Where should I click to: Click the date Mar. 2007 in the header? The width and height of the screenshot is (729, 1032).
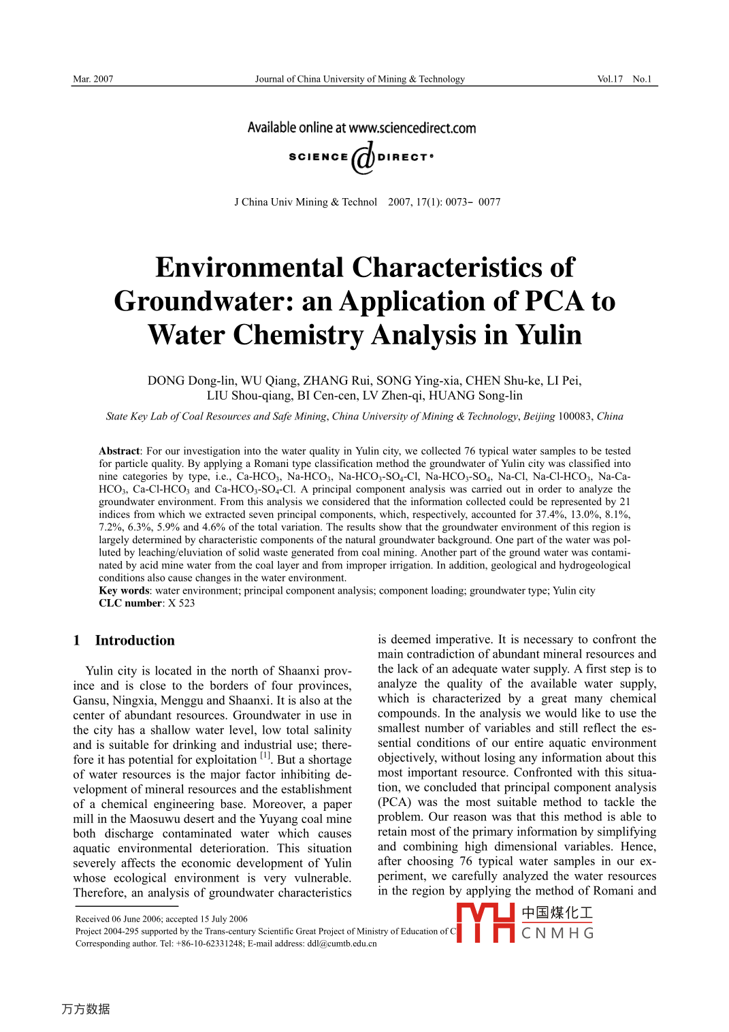pyautogui.click(x=93, y=79)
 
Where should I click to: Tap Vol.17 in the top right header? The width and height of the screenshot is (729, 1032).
pyautogui.click(x=610, y=79)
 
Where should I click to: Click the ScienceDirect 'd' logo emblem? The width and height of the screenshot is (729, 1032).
pyautogui.click(x=363, y=157)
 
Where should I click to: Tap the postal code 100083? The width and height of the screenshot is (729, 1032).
pyautogui.click(x=576, y=417)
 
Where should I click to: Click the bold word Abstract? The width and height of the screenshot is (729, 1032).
pyautogui.click(x=119, y=451)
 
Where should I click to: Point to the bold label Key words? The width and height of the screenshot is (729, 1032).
pyautogui.click(x=124, y=591)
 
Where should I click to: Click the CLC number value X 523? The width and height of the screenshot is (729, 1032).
pyautogui.click(x=182, y=603)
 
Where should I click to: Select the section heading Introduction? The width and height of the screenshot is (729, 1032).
pyautogui.click(x=135, y=641)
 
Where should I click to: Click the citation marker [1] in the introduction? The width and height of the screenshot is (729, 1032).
pyautogui.click(x=265, y=756)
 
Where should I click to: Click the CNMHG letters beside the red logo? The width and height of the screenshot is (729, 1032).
pyautogui.click(x=557, y=933)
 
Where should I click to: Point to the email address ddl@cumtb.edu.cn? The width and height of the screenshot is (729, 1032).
pyautogui.click(x=342, y=944)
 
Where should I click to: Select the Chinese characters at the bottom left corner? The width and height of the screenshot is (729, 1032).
pyautogui.click(x=86, y=1009)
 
